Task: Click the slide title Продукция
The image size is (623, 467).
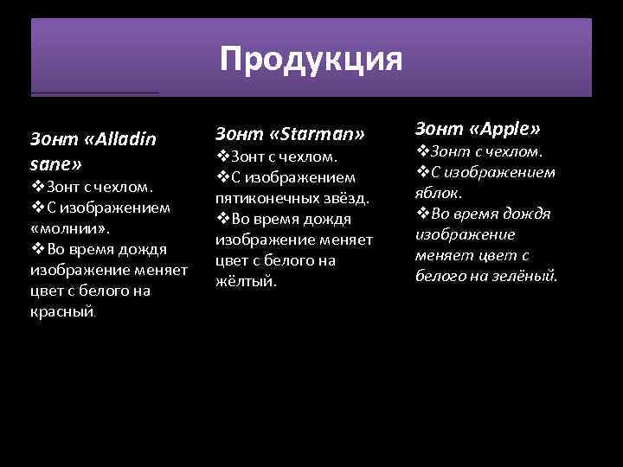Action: pos(311,60)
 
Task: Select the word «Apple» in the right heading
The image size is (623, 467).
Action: pos(504,129)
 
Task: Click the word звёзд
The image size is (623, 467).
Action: pos(346,198)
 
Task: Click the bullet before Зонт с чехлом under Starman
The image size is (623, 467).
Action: pos(222,157)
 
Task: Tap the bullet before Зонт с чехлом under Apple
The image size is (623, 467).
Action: pos(423,151)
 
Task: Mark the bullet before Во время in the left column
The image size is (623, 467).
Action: pos(37,249)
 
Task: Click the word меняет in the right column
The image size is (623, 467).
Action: pos(442,255)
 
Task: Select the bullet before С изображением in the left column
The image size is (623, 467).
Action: pos(37,208)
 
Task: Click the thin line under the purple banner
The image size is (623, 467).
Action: pos(95,93)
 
